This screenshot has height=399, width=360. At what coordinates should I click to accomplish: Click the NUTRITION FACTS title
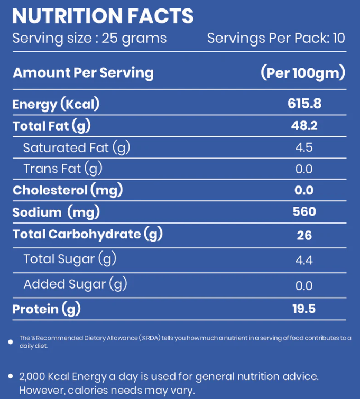(x=103, y=16)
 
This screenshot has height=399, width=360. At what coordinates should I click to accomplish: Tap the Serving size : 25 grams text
(x=89, y=39)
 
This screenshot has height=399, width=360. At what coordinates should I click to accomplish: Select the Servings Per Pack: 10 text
(x=276, y=39)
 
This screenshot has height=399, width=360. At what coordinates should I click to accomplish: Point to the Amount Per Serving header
(x=83, y=73)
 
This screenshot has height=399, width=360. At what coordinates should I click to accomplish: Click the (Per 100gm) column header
(x=303, y=73)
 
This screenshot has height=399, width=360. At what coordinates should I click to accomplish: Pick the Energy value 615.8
(x=304, y=104)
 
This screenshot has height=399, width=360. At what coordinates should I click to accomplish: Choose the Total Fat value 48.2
(x=304, y=126)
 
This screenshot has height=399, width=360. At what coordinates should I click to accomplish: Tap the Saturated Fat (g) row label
(x=77, y=147)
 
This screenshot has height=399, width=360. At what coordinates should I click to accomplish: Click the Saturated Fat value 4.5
(x=304, y=147)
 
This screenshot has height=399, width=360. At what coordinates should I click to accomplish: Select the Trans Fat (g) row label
(x=63, y=169)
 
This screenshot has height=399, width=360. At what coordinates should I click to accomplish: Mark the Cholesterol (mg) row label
(x=67, y=190)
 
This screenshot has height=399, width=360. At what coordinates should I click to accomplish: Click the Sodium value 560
(x=304, y=212)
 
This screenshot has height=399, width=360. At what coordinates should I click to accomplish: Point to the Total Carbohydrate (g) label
(x=87, y=234)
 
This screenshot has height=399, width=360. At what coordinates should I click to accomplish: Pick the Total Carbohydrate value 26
(x=304, y=235)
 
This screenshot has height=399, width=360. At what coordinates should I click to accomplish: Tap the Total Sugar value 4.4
(x=304, y=259)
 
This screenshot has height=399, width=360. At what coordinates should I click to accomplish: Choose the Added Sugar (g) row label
(x=75, y=284)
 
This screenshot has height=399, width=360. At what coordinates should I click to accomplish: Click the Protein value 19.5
(x=304, y=309)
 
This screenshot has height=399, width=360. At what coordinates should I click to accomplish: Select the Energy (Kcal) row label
(x=56, y=104)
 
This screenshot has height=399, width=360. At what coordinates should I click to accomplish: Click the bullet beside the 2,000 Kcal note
(x=11, y=377)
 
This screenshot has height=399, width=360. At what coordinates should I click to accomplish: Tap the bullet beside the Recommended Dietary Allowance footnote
(x=11, y=341)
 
